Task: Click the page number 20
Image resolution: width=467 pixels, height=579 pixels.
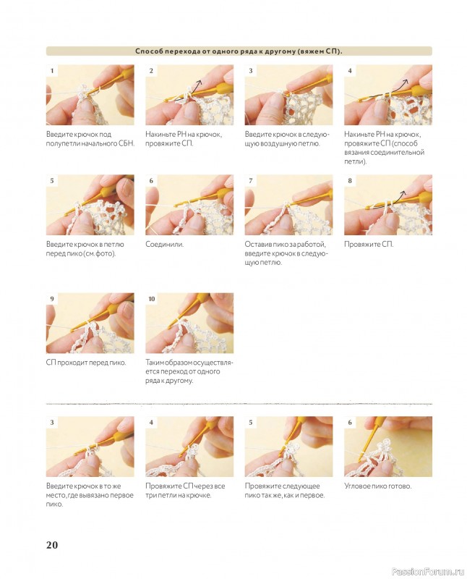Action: (x=52, y=545)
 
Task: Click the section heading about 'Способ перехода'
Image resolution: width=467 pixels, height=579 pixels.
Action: (x=239, y=51)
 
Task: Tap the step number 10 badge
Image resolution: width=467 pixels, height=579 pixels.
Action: (x=152, y=299)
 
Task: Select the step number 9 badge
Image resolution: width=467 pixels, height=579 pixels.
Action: (x=52, y=299)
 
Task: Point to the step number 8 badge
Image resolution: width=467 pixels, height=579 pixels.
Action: (x=350, y=180)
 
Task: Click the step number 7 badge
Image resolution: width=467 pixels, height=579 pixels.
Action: (x=251, y=180)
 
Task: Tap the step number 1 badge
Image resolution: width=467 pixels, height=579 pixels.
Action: (x=52, y=70)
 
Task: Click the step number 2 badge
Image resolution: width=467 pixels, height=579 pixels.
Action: (x=151, y=70)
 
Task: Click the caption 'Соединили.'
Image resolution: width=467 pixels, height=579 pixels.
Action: (x=165, y=245)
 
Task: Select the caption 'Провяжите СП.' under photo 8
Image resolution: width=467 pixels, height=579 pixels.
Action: (x=369, y=245)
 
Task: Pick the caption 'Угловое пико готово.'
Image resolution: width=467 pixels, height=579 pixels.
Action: (x=378, y=486)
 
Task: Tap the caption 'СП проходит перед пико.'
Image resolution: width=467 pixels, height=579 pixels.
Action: (x=86, y=363)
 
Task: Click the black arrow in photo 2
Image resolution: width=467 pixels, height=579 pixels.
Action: (x=189, y=91)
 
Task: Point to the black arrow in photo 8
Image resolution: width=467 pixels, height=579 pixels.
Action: (x=390, y=200)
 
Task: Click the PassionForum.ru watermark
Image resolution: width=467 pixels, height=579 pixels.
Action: (x=427, y=572)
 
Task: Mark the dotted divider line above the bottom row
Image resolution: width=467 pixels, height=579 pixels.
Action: (x=239, y=404)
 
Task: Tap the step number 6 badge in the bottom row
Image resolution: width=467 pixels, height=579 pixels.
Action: (x=350, y=423)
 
